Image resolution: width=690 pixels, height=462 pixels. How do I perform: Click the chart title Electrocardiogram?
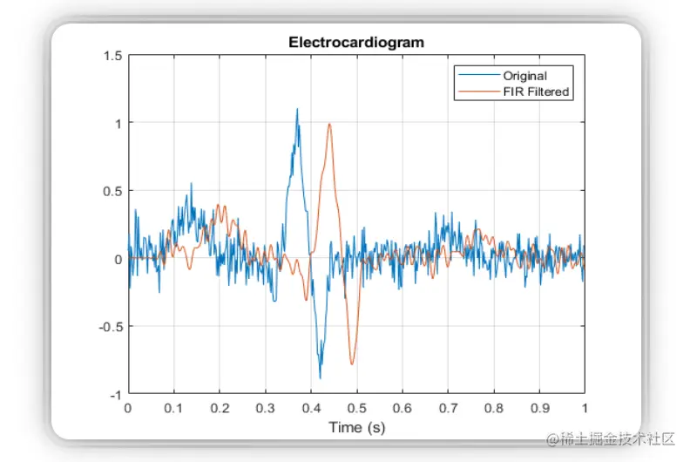356,42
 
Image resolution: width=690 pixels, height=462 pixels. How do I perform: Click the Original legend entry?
524,76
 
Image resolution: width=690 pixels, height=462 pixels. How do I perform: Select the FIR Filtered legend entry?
536,92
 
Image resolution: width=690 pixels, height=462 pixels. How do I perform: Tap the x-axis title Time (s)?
356,427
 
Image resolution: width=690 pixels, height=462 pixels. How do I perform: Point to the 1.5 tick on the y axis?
112,56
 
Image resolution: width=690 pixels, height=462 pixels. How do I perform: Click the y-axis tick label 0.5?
112,191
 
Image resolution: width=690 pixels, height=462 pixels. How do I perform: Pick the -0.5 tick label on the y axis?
111,327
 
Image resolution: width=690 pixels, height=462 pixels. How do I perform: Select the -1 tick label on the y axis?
115,395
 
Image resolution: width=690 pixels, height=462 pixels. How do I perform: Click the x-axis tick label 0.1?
173,408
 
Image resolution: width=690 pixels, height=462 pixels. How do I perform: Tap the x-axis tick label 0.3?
265,408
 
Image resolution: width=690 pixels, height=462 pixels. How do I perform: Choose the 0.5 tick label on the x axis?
356,408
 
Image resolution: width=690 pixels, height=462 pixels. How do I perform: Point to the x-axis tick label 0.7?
448,408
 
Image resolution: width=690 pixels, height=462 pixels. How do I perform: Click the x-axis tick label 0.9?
539,408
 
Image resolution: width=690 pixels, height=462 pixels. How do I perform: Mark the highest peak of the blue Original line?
297,109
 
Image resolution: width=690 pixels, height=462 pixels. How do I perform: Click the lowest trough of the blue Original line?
320,377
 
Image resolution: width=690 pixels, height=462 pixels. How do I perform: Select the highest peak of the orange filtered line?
329,124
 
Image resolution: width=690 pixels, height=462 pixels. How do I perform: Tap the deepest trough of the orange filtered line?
352,363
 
